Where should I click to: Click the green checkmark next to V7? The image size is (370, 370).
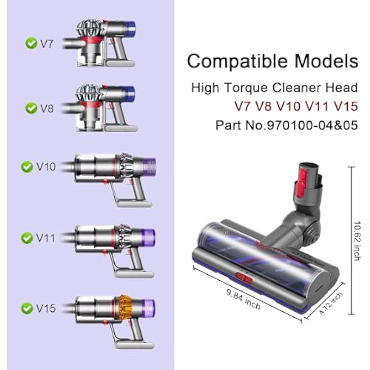tap(31, 43)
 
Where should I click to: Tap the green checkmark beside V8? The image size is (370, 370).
tap(31, 108)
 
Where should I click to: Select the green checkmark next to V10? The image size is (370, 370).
tap(27, 167)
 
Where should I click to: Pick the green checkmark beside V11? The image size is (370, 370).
tap(27, 238)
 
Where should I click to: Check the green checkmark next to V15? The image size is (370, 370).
tap(27, 308)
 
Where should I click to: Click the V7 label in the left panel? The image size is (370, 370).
tap(47, 44)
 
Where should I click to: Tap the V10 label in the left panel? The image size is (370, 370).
tap(46, 167)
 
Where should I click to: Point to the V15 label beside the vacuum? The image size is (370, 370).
tap(46, 308)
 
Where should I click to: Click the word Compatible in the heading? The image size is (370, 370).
tap(237, 62)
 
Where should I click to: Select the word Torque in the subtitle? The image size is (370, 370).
tap(246, 88)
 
